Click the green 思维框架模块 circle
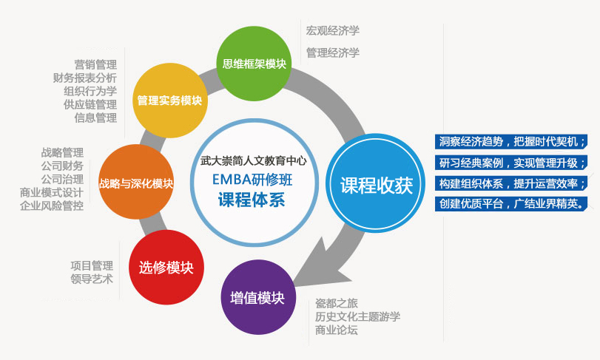point(254,64)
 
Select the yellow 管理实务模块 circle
point(170,101)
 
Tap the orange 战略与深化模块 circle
point(136,182)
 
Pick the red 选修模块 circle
point(166,267)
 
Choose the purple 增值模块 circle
point(258,297)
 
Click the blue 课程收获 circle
point(376,183)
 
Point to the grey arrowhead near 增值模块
point(320,264)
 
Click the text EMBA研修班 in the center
point(252,179)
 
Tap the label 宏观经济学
point(332,31)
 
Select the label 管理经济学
point(332,52)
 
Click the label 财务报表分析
point(85,78)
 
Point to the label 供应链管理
point(90,104)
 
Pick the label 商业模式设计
point(52,193)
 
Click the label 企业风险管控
point(52,206)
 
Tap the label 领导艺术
point(92,279)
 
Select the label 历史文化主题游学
point(358,316)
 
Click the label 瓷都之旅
point(337,303)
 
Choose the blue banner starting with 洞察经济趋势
point(511,141)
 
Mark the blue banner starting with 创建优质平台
point(511,203)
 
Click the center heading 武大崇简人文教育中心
point(253,161)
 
